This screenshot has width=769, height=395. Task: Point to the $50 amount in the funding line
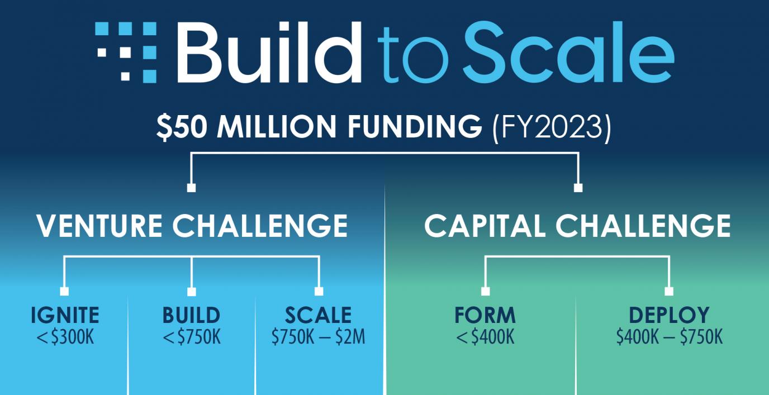[x=182, y=128]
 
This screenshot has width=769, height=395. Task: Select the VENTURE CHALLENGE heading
[x=192, y=226]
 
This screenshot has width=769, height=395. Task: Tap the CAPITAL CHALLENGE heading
[x=577, y=226]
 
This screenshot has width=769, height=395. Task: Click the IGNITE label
[x=65, y=315]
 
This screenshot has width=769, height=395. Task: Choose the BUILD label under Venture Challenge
[x=191, y=315]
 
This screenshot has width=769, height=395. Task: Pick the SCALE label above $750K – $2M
[x=318, y=315]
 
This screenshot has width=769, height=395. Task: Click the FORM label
[x=485, y=315]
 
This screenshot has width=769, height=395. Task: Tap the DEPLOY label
[x=669, y=315]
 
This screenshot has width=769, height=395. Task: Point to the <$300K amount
[x=65, y=337]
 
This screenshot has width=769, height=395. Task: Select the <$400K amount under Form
[x=485, y=337]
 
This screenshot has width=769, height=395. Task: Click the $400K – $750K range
[x=669, y=337]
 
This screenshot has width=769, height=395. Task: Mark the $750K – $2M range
[x=318, y=337]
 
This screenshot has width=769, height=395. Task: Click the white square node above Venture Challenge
[x=191, y=188]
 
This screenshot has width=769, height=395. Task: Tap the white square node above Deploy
[x=669, y=291]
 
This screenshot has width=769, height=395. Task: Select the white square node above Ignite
[x=64, y=291]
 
